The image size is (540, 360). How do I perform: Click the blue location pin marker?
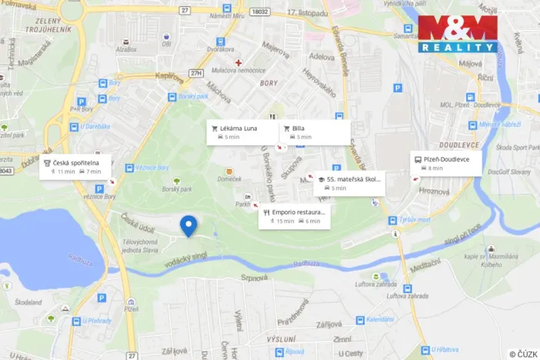click(188, 225)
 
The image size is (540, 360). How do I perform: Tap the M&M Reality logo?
click(458, 34)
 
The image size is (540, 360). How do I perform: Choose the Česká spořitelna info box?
click(75, 166)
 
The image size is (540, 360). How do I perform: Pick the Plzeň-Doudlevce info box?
click(446, 163)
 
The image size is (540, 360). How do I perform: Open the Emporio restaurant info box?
click(295, 216)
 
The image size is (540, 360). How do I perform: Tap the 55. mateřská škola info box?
click(348, 183)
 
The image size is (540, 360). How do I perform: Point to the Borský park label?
click(178, 188)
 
